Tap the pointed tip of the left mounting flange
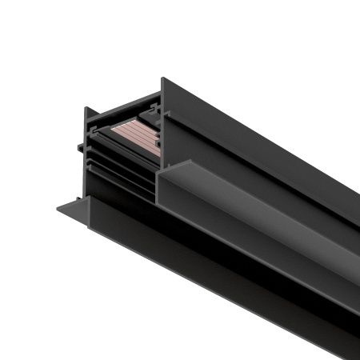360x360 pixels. click(58, 210)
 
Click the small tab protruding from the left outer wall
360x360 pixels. click(78, 147)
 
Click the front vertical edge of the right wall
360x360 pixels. click(163, 128)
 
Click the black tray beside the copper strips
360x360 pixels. click(104, 128)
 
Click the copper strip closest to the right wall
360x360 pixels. click(148, 140)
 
